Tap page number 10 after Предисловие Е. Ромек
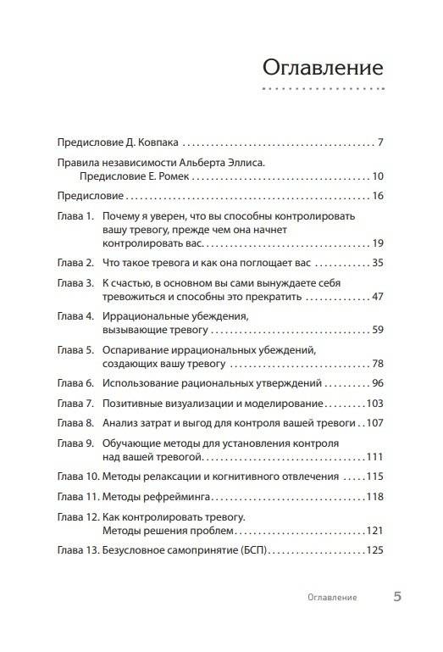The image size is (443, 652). coord(379,176)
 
